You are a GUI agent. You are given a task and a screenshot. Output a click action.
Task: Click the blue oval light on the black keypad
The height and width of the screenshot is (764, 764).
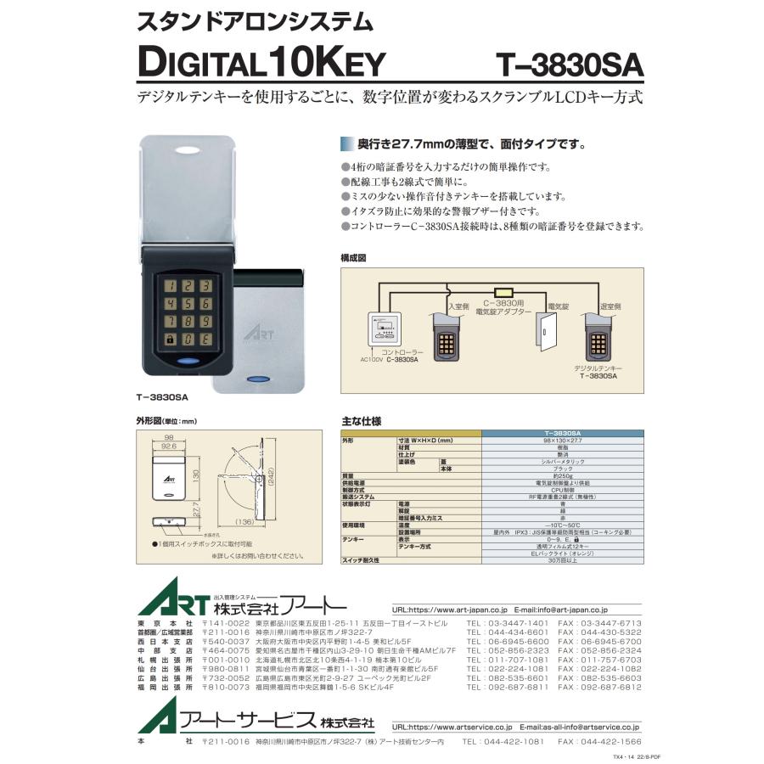[x=187, y=362]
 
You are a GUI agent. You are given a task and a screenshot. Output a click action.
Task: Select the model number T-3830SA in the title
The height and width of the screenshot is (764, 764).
[x=570, y=65]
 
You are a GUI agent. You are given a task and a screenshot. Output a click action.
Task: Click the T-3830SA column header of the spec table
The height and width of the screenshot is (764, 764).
[x=562, y=433]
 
